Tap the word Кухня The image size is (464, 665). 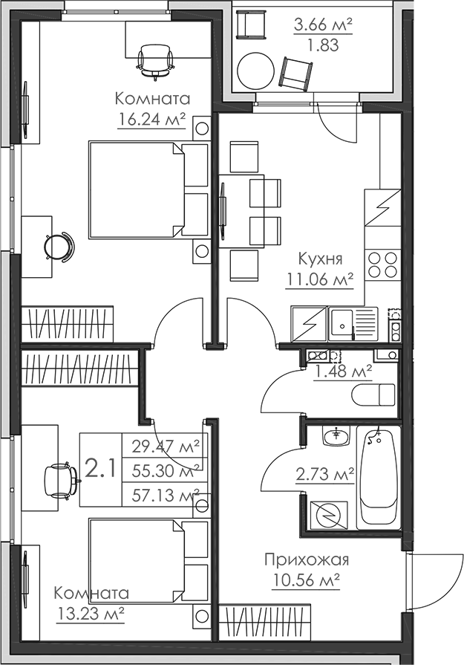(319, 259)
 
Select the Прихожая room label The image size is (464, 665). (306, 560)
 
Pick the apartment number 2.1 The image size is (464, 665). (99, 469)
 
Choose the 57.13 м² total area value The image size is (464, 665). (166, 494)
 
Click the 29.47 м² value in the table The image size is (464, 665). (166, 447)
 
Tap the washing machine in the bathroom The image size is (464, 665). (329, 513)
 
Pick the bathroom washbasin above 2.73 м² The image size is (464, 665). (339, 436)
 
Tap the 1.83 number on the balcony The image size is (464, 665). (322, 45)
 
